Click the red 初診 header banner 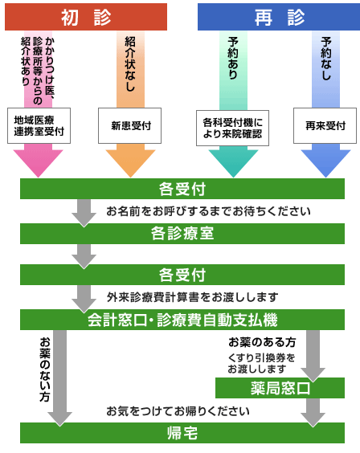pos(86,17)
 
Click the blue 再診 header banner pos(279,17)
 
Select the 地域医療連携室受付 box pos(39,125)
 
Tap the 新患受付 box pos(129,125)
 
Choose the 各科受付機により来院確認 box pos(232,128)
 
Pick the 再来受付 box pos(325,125)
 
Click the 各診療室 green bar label pos(182,233)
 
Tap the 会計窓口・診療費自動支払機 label pos(182,320)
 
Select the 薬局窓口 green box pos(280,388)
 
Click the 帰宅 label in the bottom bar pos(182,433)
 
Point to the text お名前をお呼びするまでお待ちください pos(208,211)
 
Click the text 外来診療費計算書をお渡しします pos(192,296)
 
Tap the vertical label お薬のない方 pos(45,369)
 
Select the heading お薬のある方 pos(262,342)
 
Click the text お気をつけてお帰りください pos(178,410)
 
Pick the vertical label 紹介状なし pos(130,63)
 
